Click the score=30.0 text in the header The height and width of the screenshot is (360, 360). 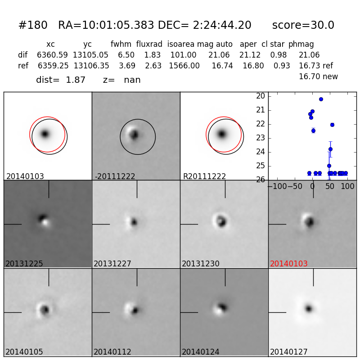tap(303, 26)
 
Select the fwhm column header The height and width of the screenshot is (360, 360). tap(121, 45)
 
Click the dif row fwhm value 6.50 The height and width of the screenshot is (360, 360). tap(126, 55)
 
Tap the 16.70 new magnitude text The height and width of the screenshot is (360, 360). tap(318, 77)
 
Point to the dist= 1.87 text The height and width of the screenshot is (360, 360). tap(61, 80)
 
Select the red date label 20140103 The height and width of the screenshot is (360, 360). tap(288, 264)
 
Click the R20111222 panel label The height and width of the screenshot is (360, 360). tap(204, 176)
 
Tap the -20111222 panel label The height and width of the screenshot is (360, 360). tap(115, 176)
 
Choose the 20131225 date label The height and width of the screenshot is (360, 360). tap(24, 264)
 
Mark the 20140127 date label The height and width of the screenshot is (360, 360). tap(288, 352)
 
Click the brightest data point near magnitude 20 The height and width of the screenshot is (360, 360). tap(321, 99)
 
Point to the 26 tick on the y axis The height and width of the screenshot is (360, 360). tap(260, 180)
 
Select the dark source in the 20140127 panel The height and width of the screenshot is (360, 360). tap(309, 309)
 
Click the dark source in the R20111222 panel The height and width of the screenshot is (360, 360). tap(221, 134)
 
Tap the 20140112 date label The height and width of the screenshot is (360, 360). tap(112, 352)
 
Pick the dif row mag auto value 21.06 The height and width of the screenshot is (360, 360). tap(219, 55)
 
